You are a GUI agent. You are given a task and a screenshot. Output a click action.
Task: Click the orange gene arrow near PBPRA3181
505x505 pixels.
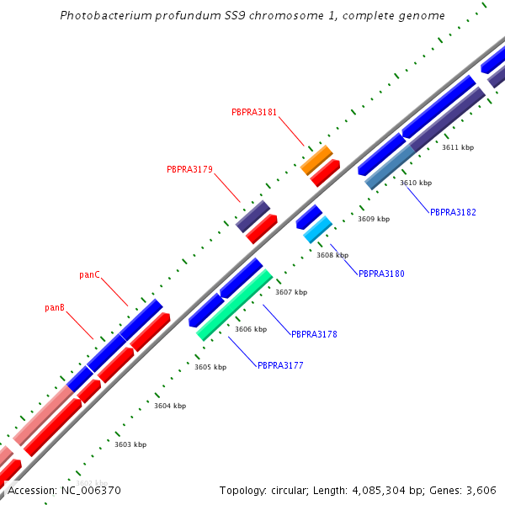316,159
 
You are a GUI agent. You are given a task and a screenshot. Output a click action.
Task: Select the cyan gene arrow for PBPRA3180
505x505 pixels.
318,229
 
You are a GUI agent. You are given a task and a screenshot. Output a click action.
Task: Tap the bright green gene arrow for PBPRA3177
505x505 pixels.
235,305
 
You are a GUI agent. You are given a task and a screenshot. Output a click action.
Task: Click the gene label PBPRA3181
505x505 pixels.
254,112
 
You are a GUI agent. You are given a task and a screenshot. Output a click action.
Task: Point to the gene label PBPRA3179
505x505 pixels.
189,169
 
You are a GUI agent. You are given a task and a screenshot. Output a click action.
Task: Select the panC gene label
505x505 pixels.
90,274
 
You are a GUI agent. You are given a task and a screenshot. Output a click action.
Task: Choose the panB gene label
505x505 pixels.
55,308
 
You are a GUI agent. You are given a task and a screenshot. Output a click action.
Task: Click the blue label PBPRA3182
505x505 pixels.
453,212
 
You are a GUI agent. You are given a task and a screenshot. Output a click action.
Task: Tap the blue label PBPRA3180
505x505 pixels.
381,274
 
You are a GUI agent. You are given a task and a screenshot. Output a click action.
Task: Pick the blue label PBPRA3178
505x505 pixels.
314,334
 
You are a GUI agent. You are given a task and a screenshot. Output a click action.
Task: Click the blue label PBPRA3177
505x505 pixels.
280,365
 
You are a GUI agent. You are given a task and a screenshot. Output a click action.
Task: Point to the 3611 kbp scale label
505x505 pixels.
458,147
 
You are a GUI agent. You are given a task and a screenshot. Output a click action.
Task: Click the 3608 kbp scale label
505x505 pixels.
332,255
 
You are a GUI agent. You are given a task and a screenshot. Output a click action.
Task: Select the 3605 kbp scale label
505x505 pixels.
210,367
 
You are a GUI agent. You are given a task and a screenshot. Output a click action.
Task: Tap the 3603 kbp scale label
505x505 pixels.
130,444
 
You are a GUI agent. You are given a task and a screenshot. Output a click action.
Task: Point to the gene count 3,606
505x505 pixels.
481,490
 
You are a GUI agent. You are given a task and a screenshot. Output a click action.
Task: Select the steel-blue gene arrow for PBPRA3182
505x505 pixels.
390,167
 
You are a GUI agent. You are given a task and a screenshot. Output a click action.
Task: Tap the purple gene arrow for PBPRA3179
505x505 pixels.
252,216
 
